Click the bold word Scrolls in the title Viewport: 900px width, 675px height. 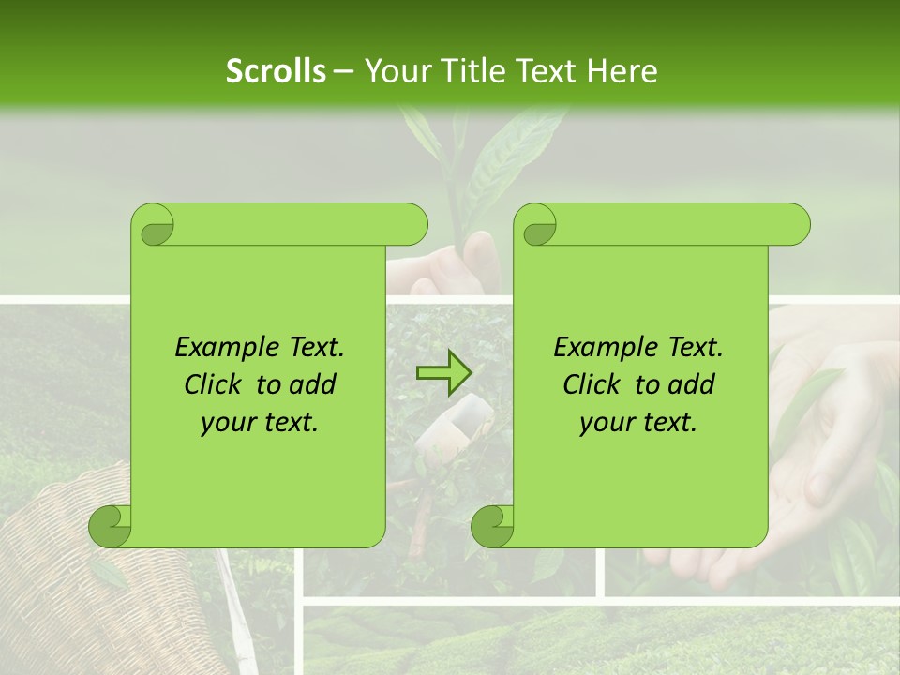tap(276, 71)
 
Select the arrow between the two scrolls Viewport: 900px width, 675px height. tap(443, 373)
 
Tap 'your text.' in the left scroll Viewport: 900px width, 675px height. tap(260, 423)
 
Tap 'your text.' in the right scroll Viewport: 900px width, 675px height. tap(638, 423)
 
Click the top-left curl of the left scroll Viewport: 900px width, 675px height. tap(154, 225)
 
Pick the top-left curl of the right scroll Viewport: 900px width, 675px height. tap(536, 225)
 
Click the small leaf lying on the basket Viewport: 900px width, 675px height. tap(108, 575)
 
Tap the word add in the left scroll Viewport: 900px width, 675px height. tap(313, 384)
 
